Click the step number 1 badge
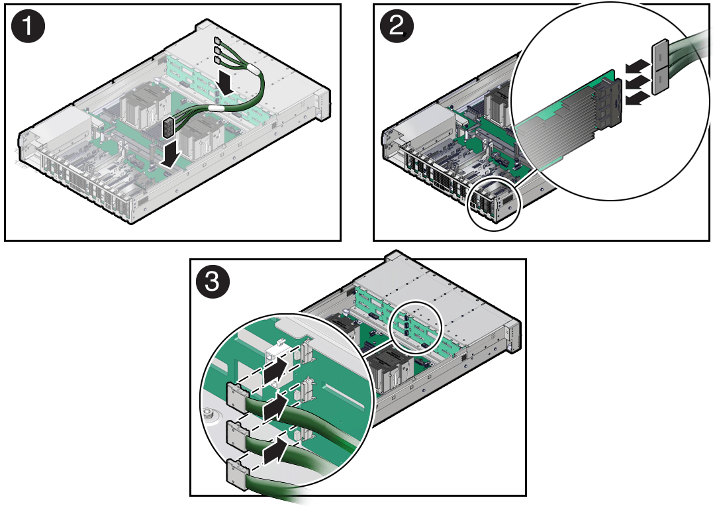[x=28, y=26]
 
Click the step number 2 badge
[x=397, y=26]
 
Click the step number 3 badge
[x=213, y=281]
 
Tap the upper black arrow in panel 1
[x=225, y=82]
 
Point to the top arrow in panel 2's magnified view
[x=638, y=66]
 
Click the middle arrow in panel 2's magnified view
[x=638, y=82]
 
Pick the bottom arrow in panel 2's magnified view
[x=638, y=97]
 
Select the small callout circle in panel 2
[x=495, y=204]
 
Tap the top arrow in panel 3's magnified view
[x=277, y=370]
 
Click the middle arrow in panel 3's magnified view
[x=277, y=407]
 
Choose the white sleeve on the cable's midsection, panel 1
[x=216, y=108]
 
